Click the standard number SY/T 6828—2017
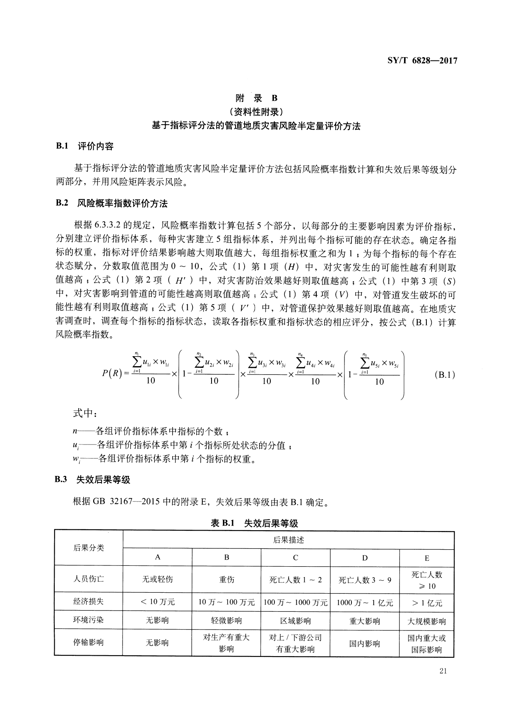(422, 61)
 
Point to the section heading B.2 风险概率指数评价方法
(111, 203)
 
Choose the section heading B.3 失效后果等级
(93, 480)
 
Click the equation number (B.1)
(445, 375)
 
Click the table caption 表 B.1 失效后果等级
(254, 523)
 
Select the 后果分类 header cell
(89, 548)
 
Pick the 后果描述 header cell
(289, 540)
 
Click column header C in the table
(296, 558)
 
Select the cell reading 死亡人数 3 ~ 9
(365, 580)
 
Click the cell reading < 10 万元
(157, 602)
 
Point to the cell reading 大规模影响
(427, 621)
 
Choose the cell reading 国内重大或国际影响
(427, 644)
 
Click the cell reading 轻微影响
(226, 621)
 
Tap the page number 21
(443, 672)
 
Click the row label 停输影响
(89, 643)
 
